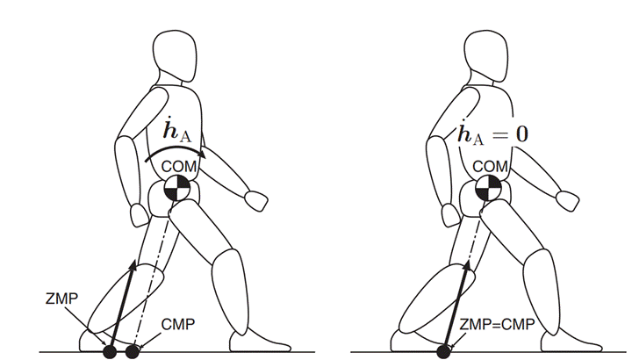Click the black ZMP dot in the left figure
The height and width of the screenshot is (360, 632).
click(x=111, y=352)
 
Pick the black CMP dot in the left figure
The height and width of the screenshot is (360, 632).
click(x=133, y=352)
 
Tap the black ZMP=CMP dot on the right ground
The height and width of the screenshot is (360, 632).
click(x=443, y=352)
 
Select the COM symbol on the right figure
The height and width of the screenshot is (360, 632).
click(x=488, y=187)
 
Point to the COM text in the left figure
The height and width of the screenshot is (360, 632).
click(x=177, y=167)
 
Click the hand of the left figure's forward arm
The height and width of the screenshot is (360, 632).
click(x=255, y=200)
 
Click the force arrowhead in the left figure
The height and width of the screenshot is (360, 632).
click(x=133, y=264)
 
